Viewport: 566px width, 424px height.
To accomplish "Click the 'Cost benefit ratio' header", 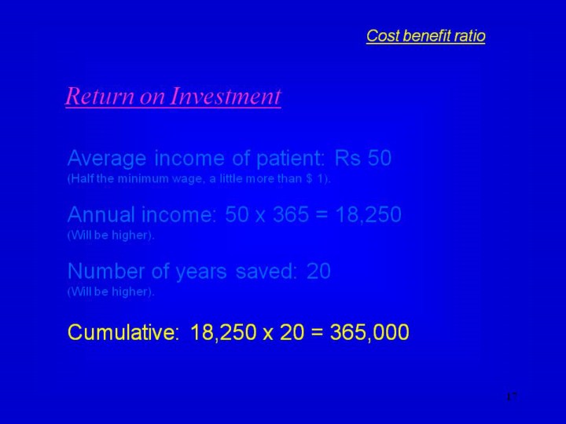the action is [x=425, y=35].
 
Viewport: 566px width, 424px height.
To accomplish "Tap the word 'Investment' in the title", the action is [x=225, y=97].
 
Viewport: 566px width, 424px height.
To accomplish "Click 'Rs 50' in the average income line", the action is [x=362, y=158].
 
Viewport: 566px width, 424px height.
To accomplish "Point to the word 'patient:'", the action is [x=291, y=159].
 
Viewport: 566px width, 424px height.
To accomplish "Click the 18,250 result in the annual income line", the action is [x=368, y=215].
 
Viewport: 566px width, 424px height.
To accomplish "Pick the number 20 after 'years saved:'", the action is [x=318, y=271].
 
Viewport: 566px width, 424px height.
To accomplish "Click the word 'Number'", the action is [x=106, y=271].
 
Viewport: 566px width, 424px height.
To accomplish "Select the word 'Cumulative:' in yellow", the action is [x=123, y=331].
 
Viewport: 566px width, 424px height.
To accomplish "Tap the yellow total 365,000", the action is [x=369, y=332].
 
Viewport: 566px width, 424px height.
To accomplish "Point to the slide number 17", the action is [x=512, y=397].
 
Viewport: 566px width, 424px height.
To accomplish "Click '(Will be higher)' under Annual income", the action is [x=111, y=235].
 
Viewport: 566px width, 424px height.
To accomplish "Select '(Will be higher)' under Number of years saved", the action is [x=111, y=291].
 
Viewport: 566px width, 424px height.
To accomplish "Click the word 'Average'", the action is [x=107, y=159].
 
